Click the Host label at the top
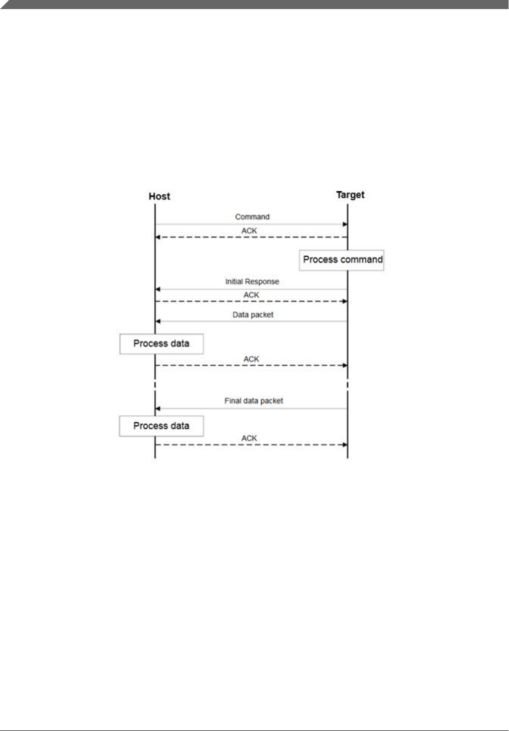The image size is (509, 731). tap(159, 196)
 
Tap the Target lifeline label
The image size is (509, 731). tap(350, 195)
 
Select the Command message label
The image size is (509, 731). tap(252, 217)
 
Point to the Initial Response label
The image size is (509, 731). tap(252, 282)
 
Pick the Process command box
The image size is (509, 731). tap(342, 260)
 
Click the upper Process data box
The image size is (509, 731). tap(161, 344)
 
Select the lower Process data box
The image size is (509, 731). tap(161, 426)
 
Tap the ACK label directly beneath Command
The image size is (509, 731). tap(249, 231)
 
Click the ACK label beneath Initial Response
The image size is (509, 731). tap(251, 295)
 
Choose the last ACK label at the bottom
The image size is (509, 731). tap(249, 438)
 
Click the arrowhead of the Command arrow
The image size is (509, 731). tap(345, 224)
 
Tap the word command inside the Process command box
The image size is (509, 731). tap(361, 260)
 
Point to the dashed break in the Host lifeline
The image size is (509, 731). tap(155, 385)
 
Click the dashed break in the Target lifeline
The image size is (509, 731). tap(348, 385)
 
